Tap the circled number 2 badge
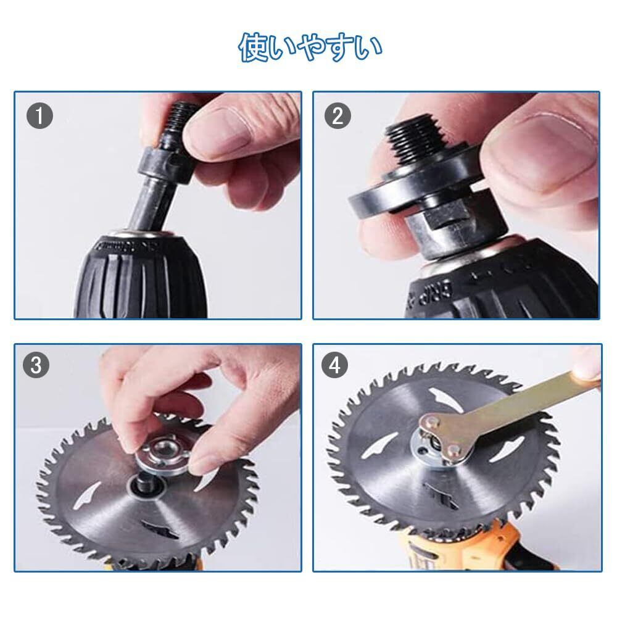coord(337,116)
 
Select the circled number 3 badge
coord(36,365)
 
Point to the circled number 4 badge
coord(334,365)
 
